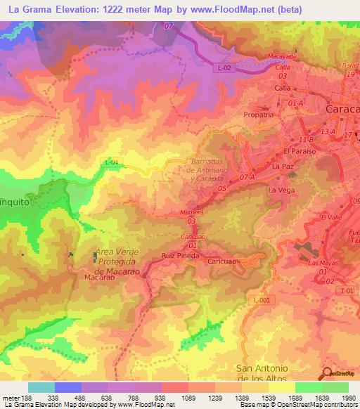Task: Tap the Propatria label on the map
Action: point(258,115)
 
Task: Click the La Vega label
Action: point(280,190)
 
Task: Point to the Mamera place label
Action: point(191,212)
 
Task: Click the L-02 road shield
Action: point(223,67)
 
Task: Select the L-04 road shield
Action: point(111,162)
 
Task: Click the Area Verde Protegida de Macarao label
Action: point(118,261)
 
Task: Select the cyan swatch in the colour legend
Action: point(41,387)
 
